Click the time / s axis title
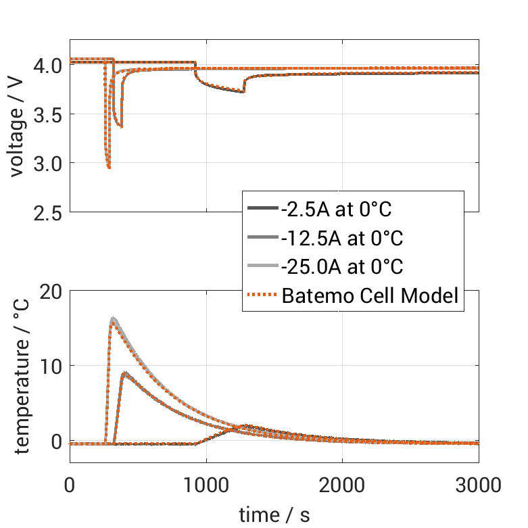point(274,514)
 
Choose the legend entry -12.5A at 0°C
point(341,238)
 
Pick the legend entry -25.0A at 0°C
point(341,267)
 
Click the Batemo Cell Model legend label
point(370,295)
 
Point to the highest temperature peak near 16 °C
point(114,318)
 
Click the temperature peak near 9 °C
point(125,373)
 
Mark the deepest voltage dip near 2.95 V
point(109,167)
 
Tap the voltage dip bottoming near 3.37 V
point(121,126)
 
